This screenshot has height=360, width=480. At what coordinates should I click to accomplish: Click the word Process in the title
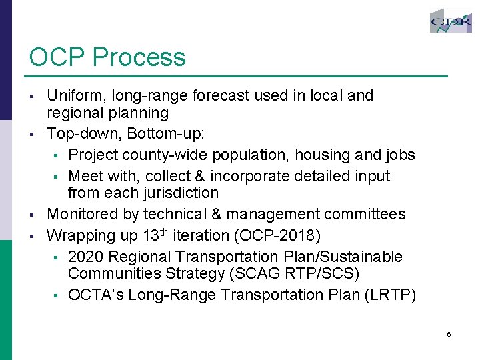pyautogui.click(x=139, y=57)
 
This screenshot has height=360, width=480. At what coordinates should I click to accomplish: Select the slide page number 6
pyautogui.click(x=449, y=334)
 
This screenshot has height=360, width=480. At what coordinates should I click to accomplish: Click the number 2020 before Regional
pyautogui.click(x=85, y=257)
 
